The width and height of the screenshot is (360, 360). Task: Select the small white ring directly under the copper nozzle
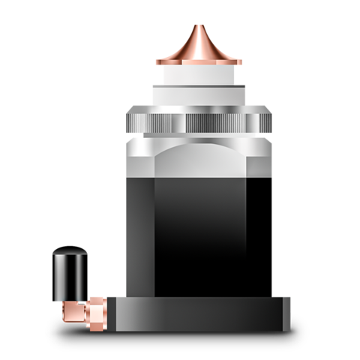click(199, 75)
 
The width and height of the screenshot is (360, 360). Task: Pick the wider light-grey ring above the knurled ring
click(199, 95)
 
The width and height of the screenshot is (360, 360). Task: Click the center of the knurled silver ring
click(199, 120)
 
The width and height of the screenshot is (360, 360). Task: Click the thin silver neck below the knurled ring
click(199, 138)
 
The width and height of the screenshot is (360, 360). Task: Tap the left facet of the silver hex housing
click(140, 161)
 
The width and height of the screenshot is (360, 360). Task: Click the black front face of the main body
click(200, 225)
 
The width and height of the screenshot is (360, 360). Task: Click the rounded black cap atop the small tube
click(70, 255)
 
